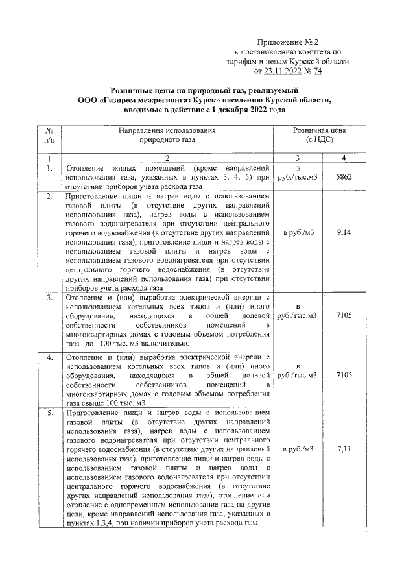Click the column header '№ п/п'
point(49,135)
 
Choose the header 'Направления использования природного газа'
point(167,135)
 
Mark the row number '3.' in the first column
point(49,297)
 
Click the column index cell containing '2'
point(167,158)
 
